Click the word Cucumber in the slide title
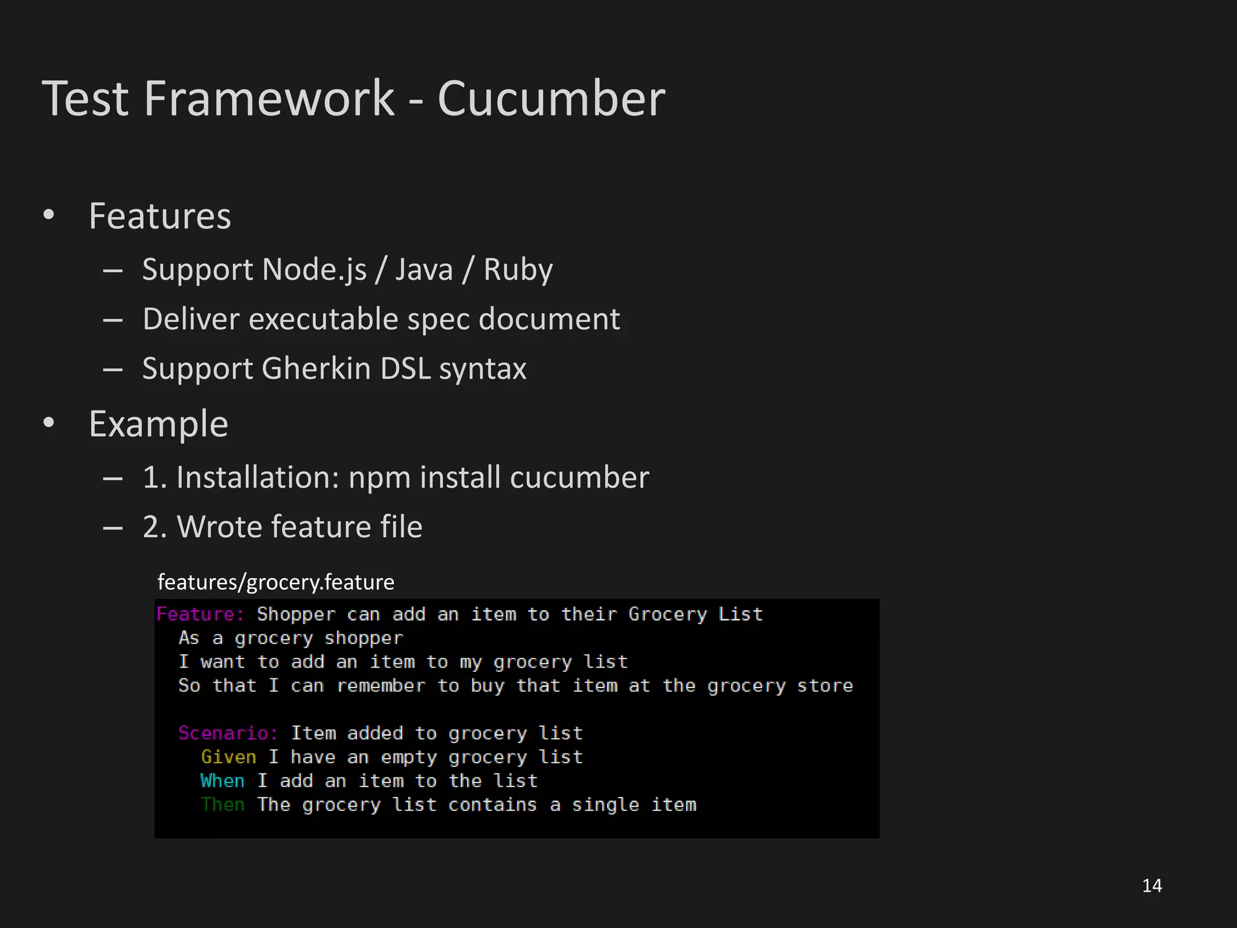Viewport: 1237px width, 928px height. pos(551,98)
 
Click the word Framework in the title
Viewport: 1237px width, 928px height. pos(269,98)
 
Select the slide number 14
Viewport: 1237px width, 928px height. pos(1152,886)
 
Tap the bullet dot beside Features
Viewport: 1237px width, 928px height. pos(49,215)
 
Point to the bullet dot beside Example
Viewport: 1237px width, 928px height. pos(49,423)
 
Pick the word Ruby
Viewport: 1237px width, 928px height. pos(518,269)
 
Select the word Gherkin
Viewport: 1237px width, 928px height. pos(316,369)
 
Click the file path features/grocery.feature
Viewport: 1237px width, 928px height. pos(275,582)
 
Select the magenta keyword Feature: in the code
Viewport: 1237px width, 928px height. pos(200,614)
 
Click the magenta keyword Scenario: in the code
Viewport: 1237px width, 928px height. pos(228,733)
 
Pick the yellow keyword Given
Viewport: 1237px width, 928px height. pos(228,757)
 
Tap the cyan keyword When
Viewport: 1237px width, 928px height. pos(222,781)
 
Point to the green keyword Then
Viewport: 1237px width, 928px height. pos(222,805)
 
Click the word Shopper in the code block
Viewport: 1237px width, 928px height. pos(296,614)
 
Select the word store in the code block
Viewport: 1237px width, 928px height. pos(824,686)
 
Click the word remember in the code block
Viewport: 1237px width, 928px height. pos(381,686)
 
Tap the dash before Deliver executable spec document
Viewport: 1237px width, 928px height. pos(112,319)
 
